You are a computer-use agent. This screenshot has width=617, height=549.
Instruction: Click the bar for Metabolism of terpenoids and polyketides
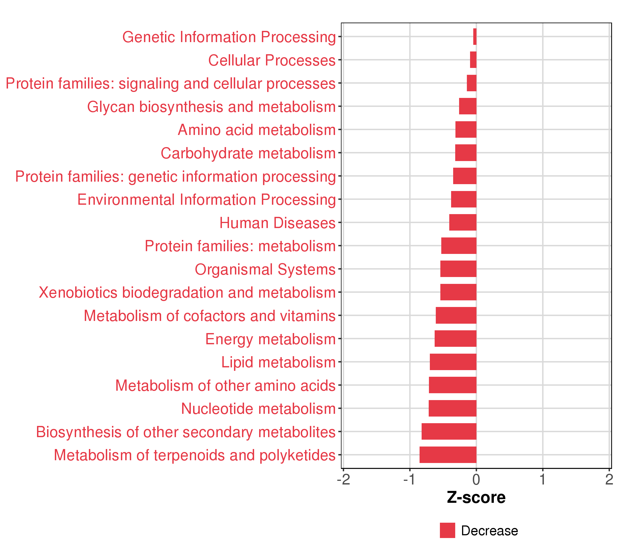pos(448,455)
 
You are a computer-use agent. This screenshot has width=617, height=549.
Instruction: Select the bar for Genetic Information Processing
pos(475,37)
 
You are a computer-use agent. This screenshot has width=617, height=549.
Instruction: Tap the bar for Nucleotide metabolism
pos(452,408)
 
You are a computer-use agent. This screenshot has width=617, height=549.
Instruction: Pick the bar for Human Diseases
pos(463,222)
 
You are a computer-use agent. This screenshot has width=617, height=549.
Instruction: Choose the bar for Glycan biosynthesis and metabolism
pos(468,106)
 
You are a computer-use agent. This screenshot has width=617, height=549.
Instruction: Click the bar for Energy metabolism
pos(455,338)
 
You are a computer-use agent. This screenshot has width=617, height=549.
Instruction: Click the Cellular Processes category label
pos(272,60)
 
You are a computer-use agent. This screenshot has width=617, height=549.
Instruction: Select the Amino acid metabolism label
pos(257,130)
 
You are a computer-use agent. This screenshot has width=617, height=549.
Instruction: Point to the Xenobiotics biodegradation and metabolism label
pos(187,293)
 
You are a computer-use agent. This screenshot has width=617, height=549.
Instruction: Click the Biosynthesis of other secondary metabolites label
pos(186,432)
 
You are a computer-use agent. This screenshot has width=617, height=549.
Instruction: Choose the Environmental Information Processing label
pos(207,200)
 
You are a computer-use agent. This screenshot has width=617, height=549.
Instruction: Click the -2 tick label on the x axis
pos(343,479)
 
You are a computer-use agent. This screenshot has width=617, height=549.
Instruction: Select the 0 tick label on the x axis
pos(476,479)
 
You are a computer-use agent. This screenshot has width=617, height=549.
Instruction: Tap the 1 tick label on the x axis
pos(543,479)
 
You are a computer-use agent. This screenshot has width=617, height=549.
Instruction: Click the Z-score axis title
pos(476,498)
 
